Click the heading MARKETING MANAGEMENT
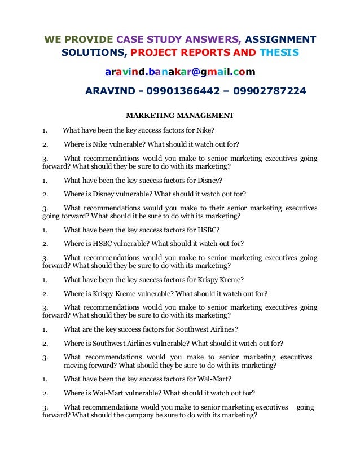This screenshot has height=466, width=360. click(x=179, y=116)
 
